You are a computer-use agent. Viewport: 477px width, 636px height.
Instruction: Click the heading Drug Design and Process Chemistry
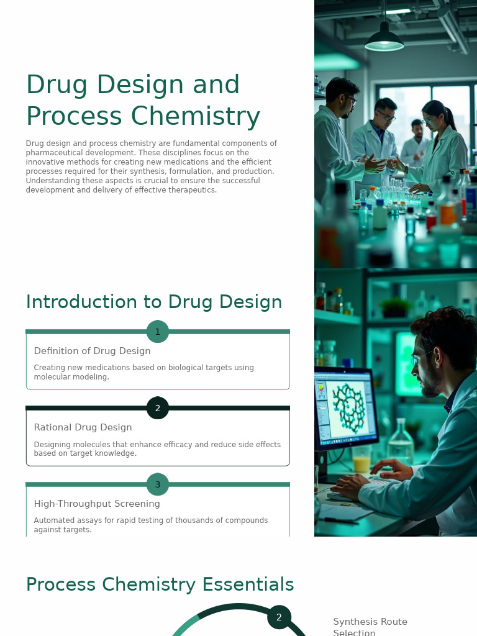point(143,101)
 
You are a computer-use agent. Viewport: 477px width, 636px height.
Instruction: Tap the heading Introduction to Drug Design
point(154,302)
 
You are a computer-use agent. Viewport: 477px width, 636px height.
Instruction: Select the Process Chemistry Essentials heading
point(160,584)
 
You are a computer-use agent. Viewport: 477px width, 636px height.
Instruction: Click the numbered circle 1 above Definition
point(158,332)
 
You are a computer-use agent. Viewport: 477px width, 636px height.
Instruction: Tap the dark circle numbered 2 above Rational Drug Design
point(158,408)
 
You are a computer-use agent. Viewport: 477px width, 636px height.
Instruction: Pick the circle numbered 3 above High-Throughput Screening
point(158,484)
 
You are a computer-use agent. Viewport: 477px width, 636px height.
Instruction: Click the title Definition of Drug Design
point(92,351)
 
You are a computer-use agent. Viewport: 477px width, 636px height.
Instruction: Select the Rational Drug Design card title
point(83,427)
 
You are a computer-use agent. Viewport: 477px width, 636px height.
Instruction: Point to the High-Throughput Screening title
point(97,504)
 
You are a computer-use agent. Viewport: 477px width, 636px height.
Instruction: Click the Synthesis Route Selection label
point(370,627)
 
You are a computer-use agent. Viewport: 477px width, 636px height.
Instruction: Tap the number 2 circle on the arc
point(279,617)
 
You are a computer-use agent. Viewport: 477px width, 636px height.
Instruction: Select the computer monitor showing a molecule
point(345,407)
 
